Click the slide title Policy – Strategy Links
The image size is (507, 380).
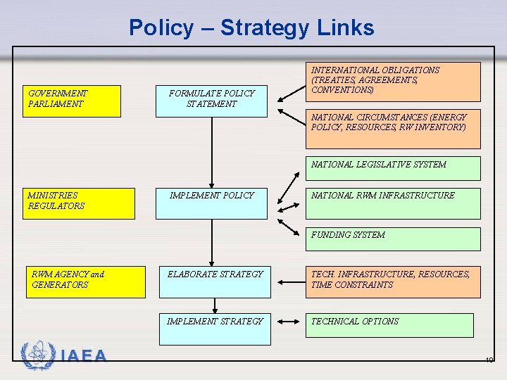251,28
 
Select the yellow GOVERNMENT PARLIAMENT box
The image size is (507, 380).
71,101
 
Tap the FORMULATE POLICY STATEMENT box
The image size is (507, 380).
212,101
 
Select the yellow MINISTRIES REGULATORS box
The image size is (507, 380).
78,203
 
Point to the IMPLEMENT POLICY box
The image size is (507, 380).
212,203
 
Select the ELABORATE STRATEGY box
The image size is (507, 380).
215,282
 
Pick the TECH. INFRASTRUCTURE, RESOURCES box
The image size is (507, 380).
392,282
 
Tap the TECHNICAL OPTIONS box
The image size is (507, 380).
389,325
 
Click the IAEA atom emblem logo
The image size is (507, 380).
37,355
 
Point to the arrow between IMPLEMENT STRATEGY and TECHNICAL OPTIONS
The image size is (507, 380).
287,322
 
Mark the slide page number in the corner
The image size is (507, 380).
489,360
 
